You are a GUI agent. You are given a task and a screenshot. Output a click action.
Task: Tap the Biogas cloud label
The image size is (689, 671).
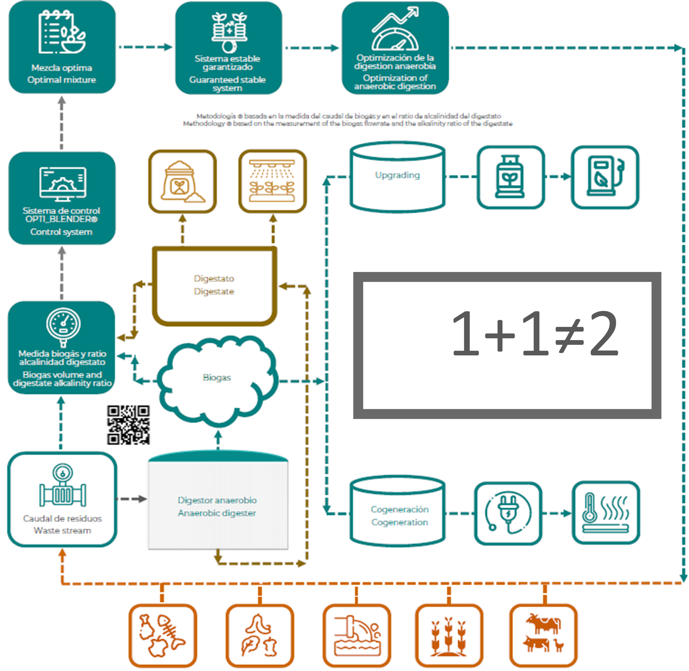click(217, 377)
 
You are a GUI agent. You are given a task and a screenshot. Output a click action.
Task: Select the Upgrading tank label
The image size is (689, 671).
click(397, 175)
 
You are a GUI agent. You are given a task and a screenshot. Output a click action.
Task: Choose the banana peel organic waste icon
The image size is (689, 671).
click(260, 636)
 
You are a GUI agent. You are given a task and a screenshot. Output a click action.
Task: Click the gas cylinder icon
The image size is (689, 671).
click(510, 177)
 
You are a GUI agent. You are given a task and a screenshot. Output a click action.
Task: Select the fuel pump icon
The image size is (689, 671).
click(604, 177)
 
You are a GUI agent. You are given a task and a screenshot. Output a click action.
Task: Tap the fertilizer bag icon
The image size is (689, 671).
click(182, 182)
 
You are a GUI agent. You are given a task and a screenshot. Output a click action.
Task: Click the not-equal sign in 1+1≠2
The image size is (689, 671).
click(569, 334)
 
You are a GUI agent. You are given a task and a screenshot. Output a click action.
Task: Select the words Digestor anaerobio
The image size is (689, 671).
click(217, 500)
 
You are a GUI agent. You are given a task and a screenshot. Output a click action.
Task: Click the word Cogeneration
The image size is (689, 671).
click(400, 522)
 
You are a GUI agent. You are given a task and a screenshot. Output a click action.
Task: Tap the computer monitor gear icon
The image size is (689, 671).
click(62, 182)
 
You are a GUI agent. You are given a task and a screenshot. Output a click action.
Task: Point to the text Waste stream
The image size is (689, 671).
click(62, 530)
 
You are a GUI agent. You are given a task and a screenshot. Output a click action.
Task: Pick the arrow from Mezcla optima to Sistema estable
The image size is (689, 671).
click(145, 47)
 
